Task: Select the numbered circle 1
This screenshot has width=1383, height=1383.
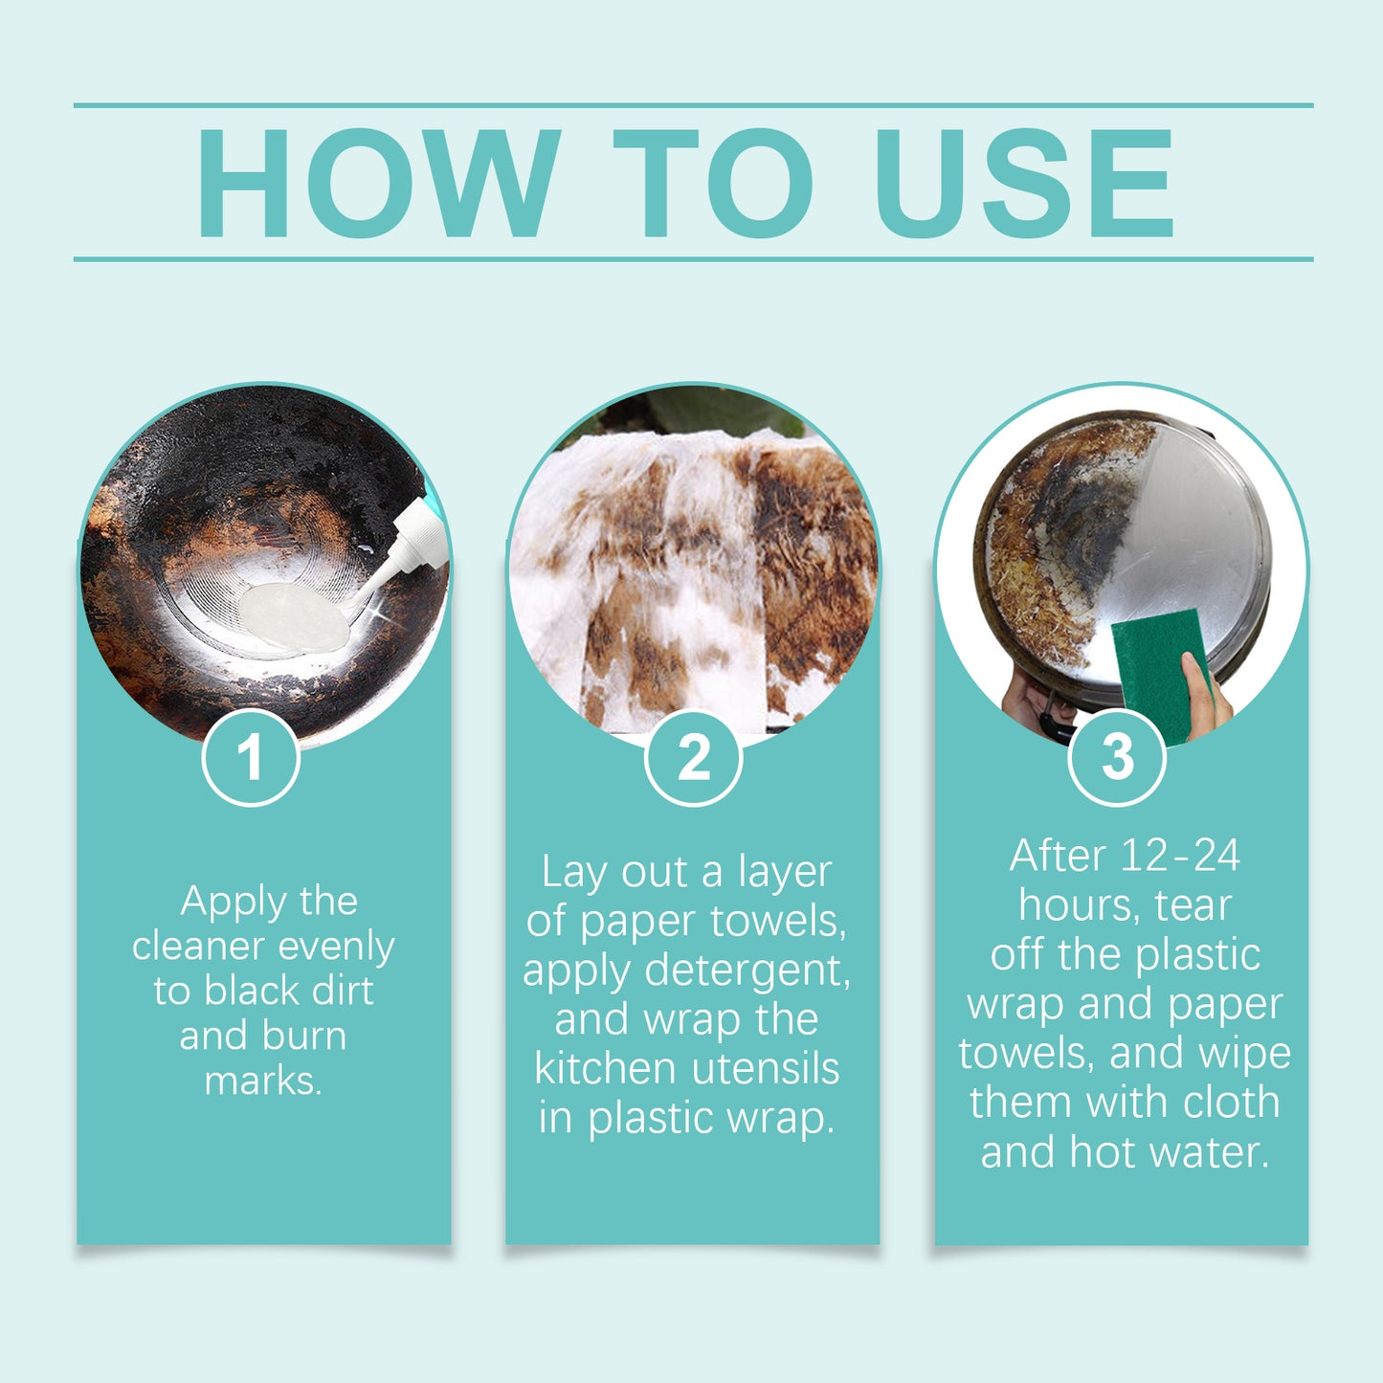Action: [251, 757]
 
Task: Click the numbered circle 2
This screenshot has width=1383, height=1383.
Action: [693, 757]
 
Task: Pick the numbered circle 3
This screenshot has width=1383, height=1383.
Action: [1117, 757]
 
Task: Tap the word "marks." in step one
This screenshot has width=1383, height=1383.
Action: [263, 1081]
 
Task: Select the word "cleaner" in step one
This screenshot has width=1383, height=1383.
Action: [198, 947]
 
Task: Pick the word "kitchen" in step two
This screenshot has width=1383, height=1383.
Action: [604, 1068]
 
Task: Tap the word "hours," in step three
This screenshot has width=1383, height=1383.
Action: [1081, 905]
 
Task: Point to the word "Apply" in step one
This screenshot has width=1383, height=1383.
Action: [234, 902]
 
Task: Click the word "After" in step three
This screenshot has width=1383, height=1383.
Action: [1057, 856]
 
